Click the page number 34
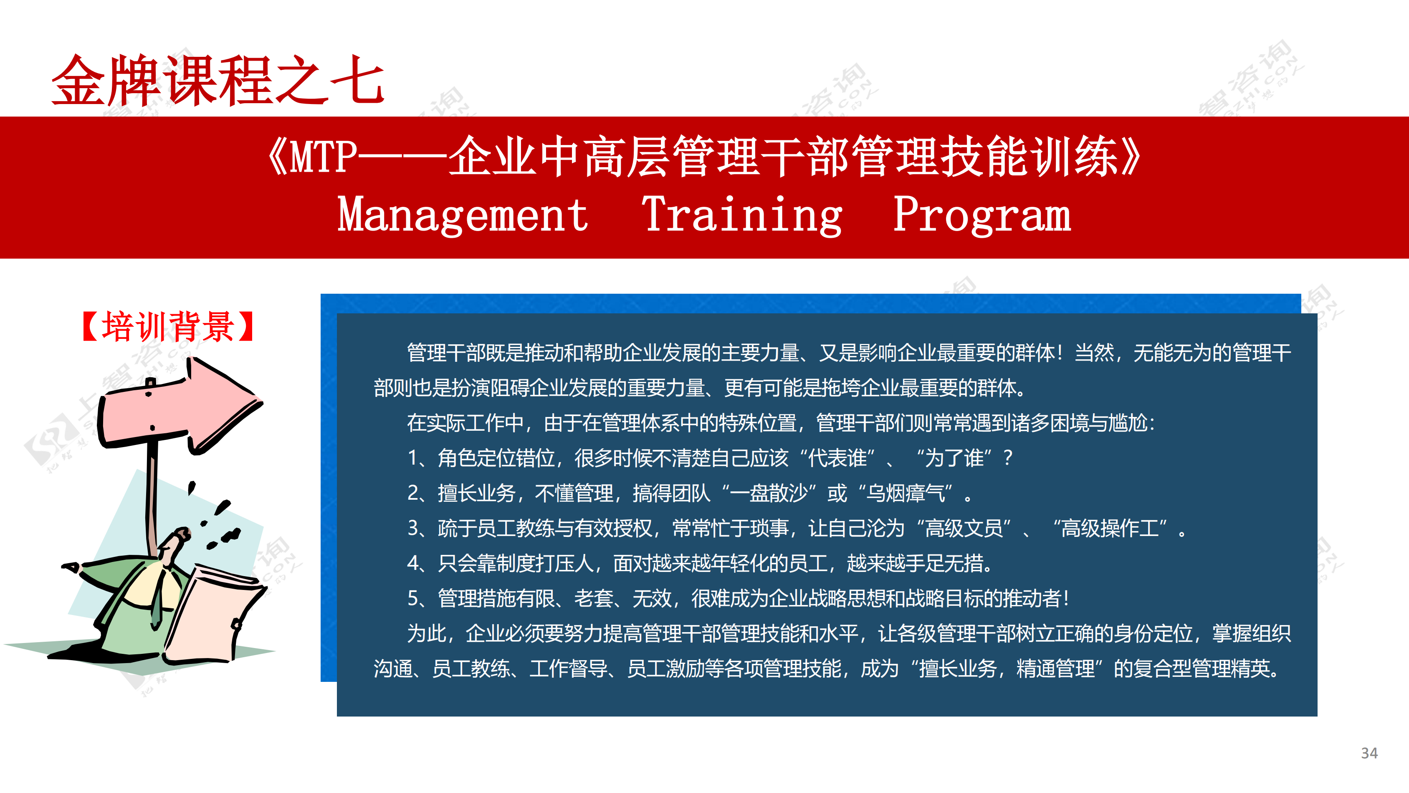[1369, 753]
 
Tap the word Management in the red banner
[463, 215]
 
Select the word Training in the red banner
[742, 215]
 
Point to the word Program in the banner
[982, 215]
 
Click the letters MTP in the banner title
[323, 157]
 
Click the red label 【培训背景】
[167, 326]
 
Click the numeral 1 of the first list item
[413, 458]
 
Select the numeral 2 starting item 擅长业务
[413, 493]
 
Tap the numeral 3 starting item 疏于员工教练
[413, 528]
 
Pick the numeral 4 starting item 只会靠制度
[413, 563]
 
